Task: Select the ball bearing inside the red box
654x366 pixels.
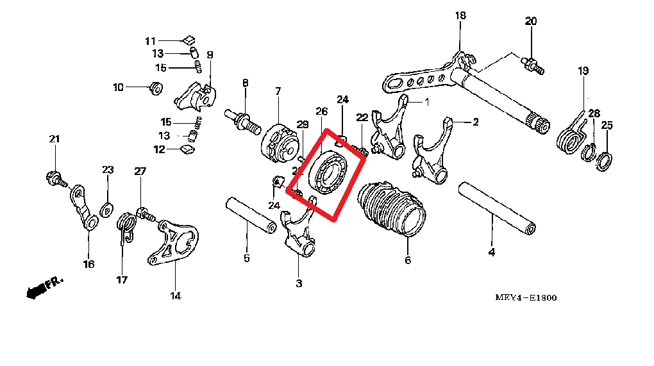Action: pos(329,171)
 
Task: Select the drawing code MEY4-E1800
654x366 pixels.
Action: pos(525,297)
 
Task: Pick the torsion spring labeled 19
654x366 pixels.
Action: pos(572,135)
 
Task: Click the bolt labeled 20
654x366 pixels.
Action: pos(532,64)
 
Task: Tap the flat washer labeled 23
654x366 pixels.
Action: pos(108,208)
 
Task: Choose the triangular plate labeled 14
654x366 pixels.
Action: pos(174,240)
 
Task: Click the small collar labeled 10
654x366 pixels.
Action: pos(156,87)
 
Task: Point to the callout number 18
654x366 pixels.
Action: pos(460,15)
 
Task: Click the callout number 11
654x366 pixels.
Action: pos(150,41)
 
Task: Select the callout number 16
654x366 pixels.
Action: pos(88,263)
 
